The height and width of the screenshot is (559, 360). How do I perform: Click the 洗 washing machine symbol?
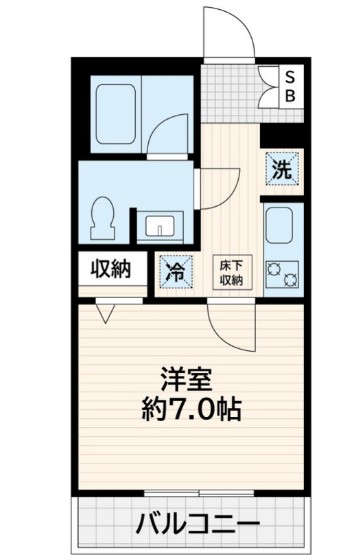(283, 169)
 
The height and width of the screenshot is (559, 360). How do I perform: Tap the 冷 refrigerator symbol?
(175, 269)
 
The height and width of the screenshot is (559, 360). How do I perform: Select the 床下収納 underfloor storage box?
(231, 272)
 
